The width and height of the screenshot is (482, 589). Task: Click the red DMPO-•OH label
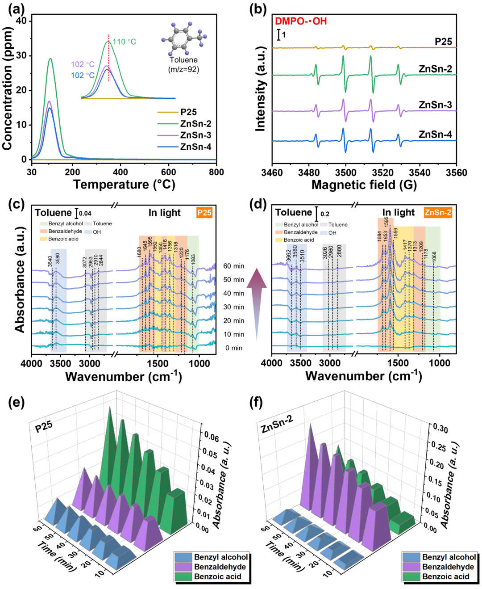click(301, 21)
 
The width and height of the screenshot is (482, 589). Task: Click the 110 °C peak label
click(124, 42)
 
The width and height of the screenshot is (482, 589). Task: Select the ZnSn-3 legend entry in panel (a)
click(195, 135)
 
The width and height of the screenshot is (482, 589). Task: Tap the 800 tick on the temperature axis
click(216, 172)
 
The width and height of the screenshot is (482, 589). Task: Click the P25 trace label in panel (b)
click(443, 42)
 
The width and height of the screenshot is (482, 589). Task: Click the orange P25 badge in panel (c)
click(204, 213)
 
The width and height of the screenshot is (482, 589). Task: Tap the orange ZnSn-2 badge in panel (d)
click(437, 213)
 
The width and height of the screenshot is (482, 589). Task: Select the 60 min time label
click(233, 266)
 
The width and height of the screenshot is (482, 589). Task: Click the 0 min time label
click(233, 348)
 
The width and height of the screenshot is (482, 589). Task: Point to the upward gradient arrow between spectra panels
click(257, 304)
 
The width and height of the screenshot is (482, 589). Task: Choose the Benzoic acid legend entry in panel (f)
click(445, 576)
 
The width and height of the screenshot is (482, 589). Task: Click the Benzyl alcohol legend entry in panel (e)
click(220, 557)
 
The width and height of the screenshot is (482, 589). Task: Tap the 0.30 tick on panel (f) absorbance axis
click(440, 428)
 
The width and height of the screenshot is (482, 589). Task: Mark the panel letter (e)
click(17, 402)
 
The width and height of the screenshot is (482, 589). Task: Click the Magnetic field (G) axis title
click(364, 185)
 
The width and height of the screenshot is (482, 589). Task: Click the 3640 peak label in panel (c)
click(50, 261)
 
